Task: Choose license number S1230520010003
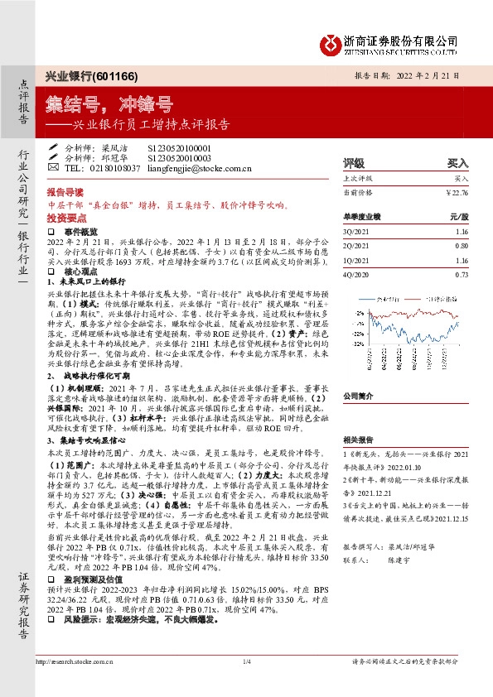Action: pos(179,157)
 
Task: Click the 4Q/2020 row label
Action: pos(356,274)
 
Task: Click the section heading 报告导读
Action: pos(65,190)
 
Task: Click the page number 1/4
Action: pos(246,685)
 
